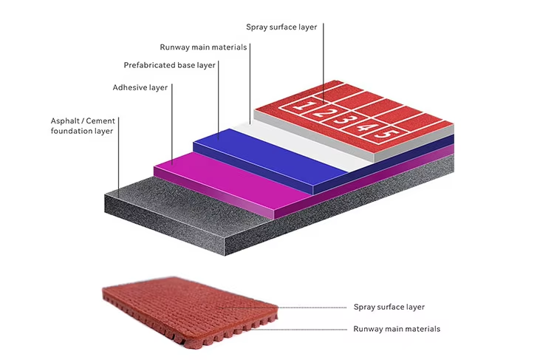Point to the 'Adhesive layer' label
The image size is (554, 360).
(140, 87)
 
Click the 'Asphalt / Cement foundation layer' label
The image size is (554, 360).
(82, 125)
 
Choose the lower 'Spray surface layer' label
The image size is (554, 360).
(389, 307)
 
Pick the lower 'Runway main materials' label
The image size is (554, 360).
(397, 329)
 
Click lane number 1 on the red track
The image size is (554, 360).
(299, 106)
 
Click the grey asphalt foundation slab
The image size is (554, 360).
(185, 222)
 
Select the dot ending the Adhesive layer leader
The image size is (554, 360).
(172, 161)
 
